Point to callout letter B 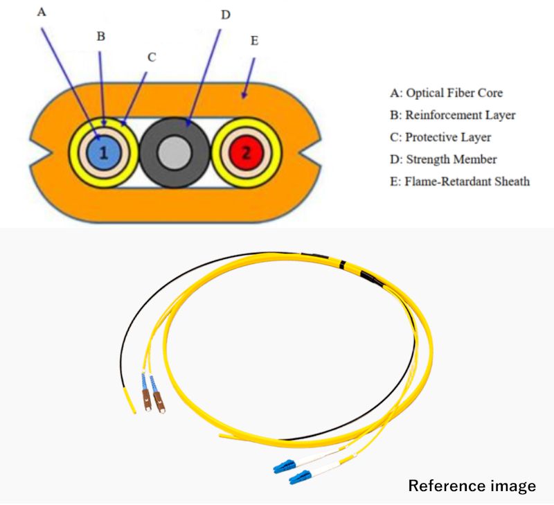100,36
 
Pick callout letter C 152,57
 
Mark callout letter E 254,41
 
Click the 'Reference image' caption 472,486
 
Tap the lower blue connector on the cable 296,477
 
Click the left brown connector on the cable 147,400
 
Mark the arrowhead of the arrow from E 244,96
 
